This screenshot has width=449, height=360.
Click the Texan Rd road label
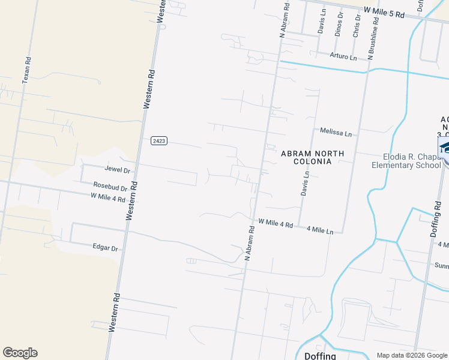[26, 70]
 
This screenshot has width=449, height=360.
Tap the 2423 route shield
[158, 140]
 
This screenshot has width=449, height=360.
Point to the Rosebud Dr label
[110, 187]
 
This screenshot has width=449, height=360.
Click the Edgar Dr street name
[105, 247]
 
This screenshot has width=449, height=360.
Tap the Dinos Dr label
[339, 24]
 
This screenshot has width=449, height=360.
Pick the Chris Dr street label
[357, 25]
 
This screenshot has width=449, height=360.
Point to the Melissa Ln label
[336, 132]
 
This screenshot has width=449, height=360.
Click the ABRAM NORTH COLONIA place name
[313, 157]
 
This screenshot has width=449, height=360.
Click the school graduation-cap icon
[445, 148]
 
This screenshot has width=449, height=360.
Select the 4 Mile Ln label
[319, 229]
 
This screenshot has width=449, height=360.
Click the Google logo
[20, 353]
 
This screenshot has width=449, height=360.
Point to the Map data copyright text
[412, 355]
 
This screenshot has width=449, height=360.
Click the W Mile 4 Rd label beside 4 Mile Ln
[276, 223]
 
